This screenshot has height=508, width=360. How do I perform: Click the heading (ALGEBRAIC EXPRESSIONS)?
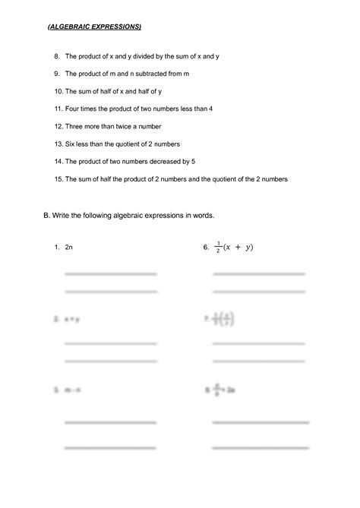click(x=95, y=27)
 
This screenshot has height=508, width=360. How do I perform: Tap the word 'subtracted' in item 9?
click(x=148, y=74)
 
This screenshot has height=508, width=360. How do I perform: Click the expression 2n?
click(x=69, y=248)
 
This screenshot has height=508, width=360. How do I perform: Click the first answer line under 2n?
click(x=110, y=274)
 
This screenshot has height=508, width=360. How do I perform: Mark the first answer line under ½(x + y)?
click(x=259, y=274)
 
